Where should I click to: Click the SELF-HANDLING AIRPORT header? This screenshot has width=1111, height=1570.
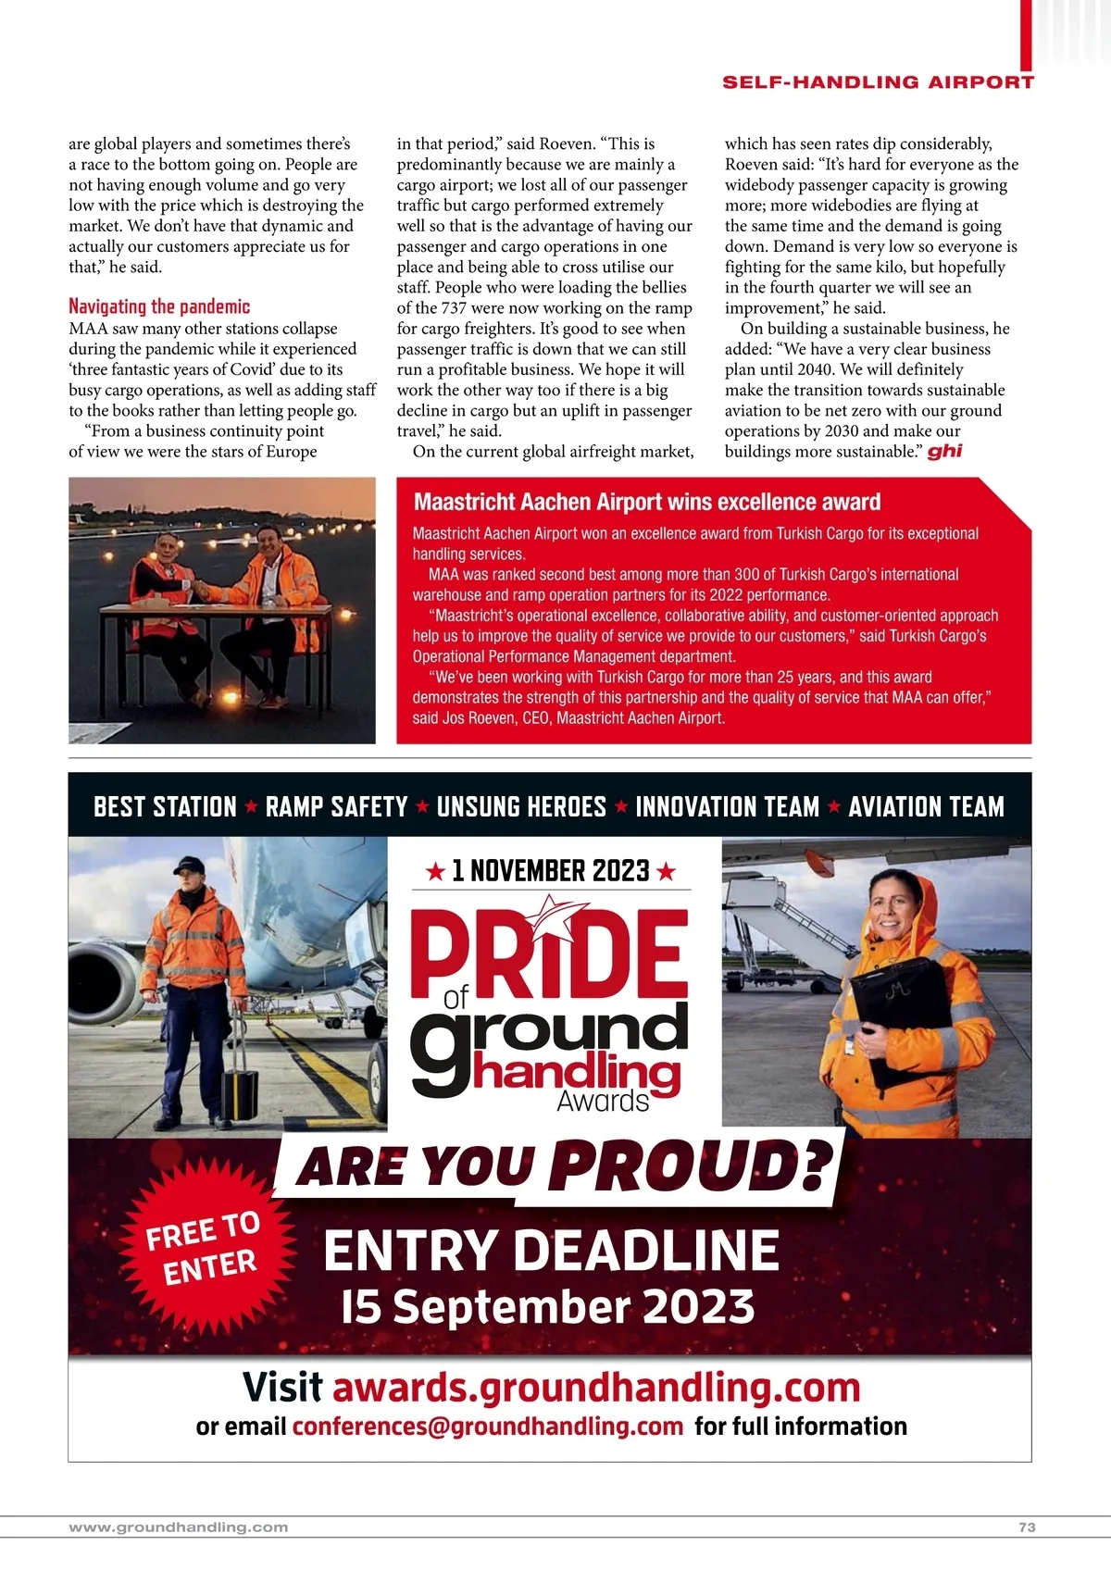tap(878, 82)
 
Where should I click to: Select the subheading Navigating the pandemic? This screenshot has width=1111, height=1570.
tap(159, 306)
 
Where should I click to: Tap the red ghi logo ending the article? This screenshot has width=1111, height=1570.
tap(944, 451)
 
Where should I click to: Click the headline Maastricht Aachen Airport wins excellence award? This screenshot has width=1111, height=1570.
tap(647, 502)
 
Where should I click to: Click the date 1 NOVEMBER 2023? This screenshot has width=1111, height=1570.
tap(550, 871)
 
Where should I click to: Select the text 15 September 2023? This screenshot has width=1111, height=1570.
tap(547, 1306)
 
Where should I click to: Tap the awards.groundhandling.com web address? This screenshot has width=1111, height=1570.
tap(596, 1387)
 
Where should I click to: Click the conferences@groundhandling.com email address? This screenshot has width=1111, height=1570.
tap(488, 1427)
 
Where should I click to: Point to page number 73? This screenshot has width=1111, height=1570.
tap(1027, 1527)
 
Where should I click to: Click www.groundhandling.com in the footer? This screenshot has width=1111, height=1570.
tap(179, 1527)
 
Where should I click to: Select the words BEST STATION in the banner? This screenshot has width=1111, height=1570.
tap(165, 806)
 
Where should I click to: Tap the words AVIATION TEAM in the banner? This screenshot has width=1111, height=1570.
tap(926, 806)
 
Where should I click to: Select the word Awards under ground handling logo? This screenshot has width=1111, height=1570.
tap(603, 1102)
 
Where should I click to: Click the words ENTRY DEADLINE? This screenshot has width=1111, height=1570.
tap(551, 1251)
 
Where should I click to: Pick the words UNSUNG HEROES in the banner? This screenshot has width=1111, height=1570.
tap(521, 806)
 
